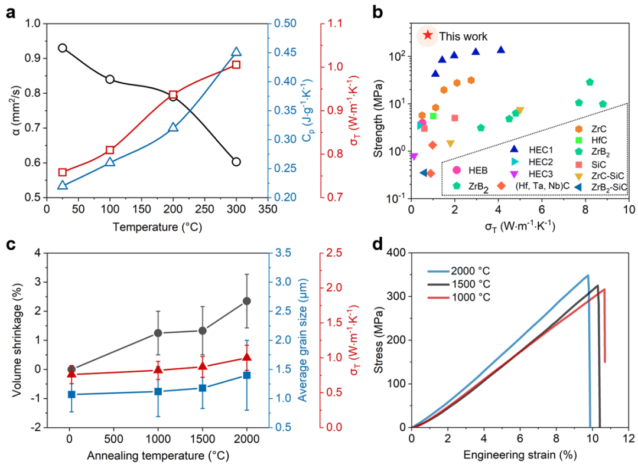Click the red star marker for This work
click(427, 35)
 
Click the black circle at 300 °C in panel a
click(236, 162)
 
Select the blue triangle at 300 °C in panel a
click(236, 53)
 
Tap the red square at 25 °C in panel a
click(63, 172)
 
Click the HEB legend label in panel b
click(479, 171)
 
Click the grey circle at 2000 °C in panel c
click(247, 301)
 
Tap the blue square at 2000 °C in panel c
click(247, 375)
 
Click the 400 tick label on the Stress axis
click(396, 253)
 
